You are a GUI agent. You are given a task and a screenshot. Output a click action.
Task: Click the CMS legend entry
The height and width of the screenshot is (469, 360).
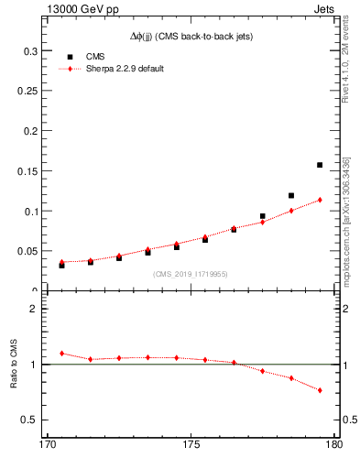pyautogui.click(x=95, y=57)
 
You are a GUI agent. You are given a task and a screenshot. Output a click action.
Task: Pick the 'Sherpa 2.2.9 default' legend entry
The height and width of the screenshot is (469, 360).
pyautogui.click(x=125, y=69)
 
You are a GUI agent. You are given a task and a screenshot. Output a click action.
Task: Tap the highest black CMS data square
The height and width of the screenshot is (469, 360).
pyautogui.click(x=320, y=165)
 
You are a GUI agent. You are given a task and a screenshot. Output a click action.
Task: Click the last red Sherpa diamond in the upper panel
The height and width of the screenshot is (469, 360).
pyautogui.click(x=320, y=200)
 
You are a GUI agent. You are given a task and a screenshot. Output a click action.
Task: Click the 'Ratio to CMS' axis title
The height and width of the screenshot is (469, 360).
pyautogui.click(x=14, y=365)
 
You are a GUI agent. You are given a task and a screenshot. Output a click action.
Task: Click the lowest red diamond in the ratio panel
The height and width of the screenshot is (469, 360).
pyautogui.click(x=320, y=390)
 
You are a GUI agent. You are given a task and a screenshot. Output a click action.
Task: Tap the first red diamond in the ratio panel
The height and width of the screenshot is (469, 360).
pyautogui.click(x=61, y=353)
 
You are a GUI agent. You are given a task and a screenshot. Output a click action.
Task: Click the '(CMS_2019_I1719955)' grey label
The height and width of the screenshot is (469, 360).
pyautogui.click(x=191, y=273)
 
